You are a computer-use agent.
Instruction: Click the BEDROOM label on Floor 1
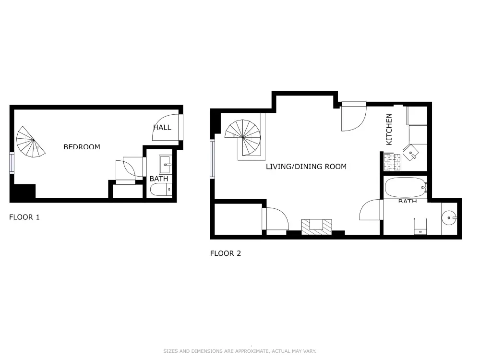pyautogui.click(x=82, y=147)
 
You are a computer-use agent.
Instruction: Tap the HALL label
pyautogui.click(x=162, y=127)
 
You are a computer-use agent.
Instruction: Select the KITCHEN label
pyautogui.click(x=389, y=129)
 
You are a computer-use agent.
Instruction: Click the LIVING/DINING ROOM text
pyautogui.click(x=306, y=167)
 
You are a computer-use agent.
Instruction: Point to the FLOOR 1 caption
pyautogui.click(x=24, y=217)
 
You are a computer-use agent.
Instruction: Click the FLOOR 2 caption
pyautogui.click(x=225, y=253)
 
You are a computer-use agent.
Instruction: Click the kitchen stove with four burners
pyautogui.click(x=392, y=162)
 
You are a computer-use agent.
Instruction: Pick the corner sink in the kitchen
pyautogui.click(x=412, y=153)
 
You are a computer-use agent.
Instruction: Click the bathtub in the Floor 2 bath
pyautogui.click(x=405, y=187)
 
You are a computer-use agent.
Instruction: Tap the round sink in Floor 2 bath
pyautogui.click(x=450, y=218)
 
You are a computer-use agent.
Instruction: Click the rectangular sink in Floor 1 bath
pyautogui.click(x=165, y=164)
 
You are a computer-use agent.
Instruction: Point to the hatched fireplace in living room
pyautogui.click(x=316, y=227)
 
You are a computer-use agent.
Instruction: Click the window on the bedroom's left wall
pyautogui.click(x=12, y=162)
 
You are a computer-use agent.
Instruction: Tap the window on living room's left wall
pyautogui.click(x=212, y=159)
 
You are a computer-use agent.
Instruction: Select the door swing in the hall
pyautogui.click(x=166, y=127)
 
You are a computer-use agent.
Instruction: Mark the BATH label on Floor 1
pyautogui.click(x=158, y=179)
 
